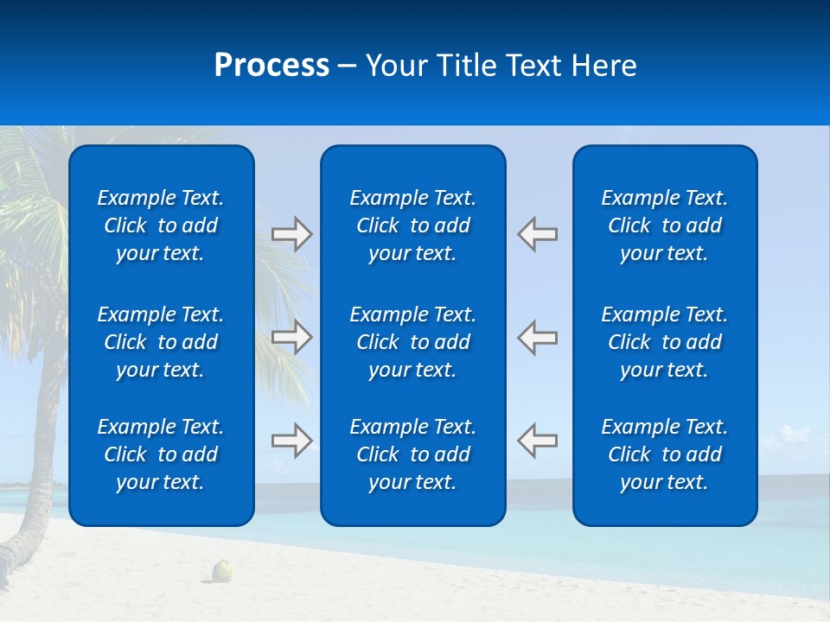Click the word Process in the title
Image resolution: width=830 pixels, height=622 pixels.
click(x=271, y=66)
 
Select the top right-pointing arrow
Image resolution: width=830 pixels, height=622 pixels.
click(x=292, y=234)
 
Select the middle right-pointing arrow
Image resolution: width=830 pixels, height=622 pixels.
click(x=292, y=337)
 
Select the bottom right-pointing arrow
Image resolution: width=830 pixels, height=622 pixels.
click(x=292, y=441)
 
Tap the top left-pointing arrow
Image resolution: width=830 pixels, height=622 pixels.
click(x=537, y=234)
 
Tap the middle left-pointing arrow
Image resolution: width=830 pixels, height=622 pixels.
click(x=537, y=337)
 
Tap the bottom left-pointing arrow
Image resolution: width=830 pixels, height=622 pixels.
click(x=537, y=441)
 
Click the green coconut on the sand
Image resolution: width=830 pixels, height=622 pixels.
click(x=223, y=570)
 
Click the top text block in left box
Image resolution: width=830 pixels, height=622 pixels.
click(x=161, y=225)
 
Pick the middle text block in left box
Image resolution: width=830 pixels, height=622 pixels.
click(x=161, y=342)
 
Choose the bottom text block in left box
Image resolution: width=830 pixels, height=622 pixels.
click(x=161, y=454)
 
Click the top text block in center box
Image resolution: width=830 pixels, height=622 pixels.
click(x=413, y=225)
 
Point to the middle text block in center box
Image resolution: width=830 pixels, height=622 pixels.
click(x=413, y=342)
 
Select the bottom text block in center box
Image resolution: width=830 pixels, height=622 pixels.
click(x=413, y=454)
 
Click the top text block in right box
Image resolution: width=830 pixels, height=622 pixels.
click(x=665, y=225)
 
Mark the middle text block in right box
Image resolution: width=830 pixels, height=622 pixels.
click(x=665, y=342)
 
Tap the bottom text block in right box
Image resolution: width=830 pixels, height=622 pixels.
click(x=665, y=454)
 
